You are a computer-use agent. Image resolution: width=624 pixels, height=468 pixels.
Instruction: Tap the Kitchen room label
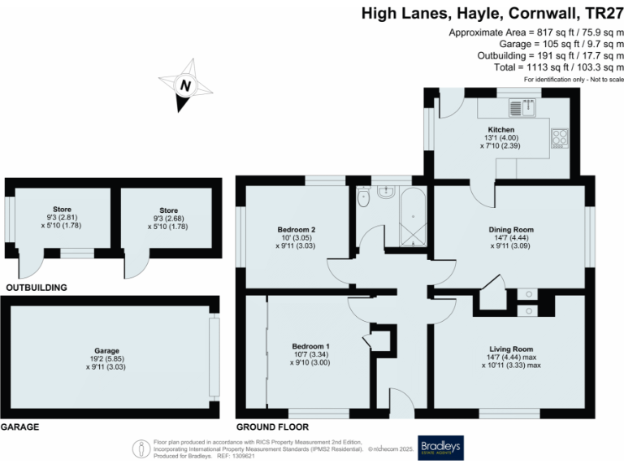pyautogui.click(x=500, y=130)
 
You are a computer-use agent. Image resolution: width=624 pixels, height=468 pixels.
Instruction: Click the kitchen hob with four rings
pyautogui.click(x=560, y=137)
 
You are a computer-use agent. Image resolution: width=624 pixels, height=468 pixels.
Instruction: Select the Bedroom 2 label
pyautogui.click(x=296, y=230)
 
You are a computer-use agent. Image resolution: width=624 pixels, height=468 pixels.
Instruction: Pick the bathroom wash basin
pyautogui.click(x=386, y=193)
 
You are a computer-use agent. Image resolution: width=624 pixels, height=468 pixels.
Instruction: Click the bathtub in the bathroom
pyautogui.click(x=414, y=216)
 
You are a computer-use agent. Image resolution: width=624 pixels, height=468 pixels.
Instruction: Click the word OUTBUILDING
pyautogui.click(x=36, y=288)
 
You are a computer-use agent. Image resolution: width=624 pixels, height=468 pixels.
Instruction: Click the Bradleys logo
pyautogui.click(x=445, y=447)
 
